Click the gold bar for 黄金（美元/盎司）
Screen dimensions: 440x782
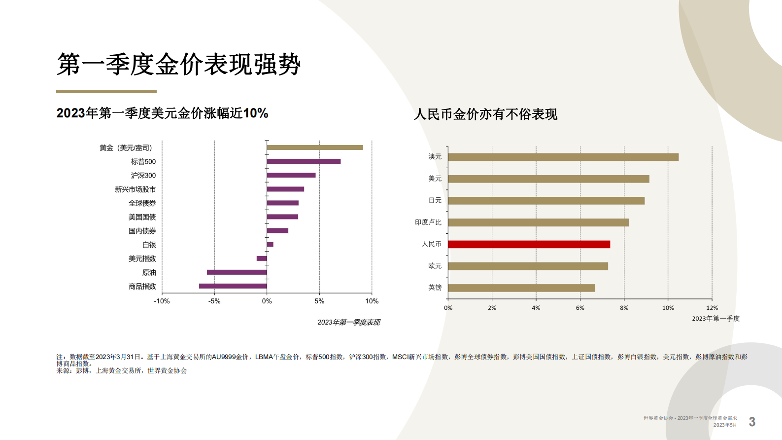point(314,147)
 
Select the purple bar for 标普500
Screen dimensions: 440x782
point(304,161)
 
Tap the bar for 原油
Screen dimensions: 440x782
point(237,272)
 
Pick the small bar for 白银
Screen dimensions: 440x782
point(270,245)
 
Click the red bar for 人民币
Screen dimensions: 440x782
point(529,244)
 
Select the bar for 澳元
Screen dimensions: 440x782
point(563,157)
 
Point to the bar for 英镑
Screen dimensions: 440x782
point(521,288)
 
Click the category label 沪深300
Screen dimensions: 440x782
point(143,176)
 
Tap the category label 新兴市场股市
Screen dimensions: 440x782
point(136,189)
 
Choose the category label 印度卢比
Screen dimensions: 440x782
point(428,222)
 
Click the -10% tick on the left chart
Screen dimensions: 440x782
point(162,301)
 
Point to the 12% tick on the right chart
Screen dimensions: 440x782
point(712,308)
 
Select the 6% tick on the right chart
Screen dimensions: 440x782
point(580,308)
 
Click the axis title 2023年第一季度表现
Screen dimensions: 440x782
point(348,322)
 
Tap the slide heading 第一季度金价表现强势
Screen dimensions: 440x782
point(178,65)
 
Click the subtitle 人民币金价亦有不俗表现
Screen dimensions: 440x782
point(485,114)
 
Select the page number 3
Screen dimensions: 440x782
point(752,422)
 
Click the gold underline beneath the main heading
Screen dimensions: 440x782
point(106,92)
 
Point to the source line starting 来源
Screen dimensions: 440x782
point(122,371)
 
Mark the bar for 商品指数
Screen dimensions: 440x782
point(233,286)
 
